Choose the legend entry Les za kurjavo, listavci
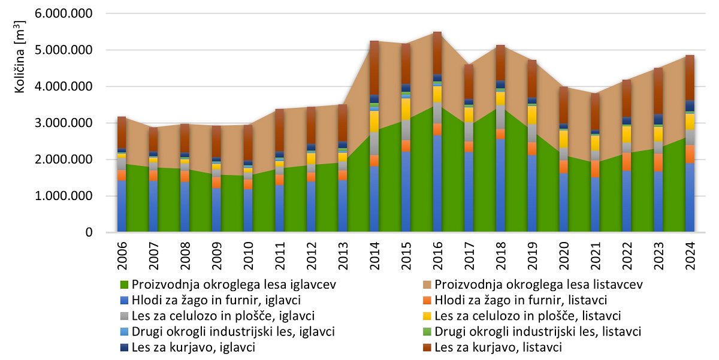(x=497, y=347)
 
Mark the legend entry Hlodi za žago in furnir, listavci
(x=521, y=300)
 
